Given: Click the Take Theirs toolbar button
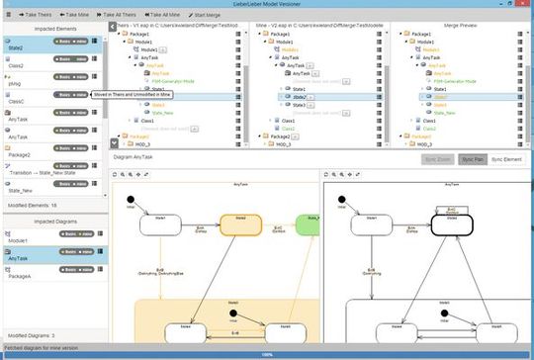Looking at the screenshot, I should click(35, 16).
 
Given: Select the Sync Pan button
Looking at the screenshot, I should click(471, 158).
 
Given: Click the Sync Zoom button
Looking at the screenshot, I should click(435, 158).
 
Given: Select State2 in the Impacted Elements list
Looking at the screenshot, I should click(15, 47).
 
